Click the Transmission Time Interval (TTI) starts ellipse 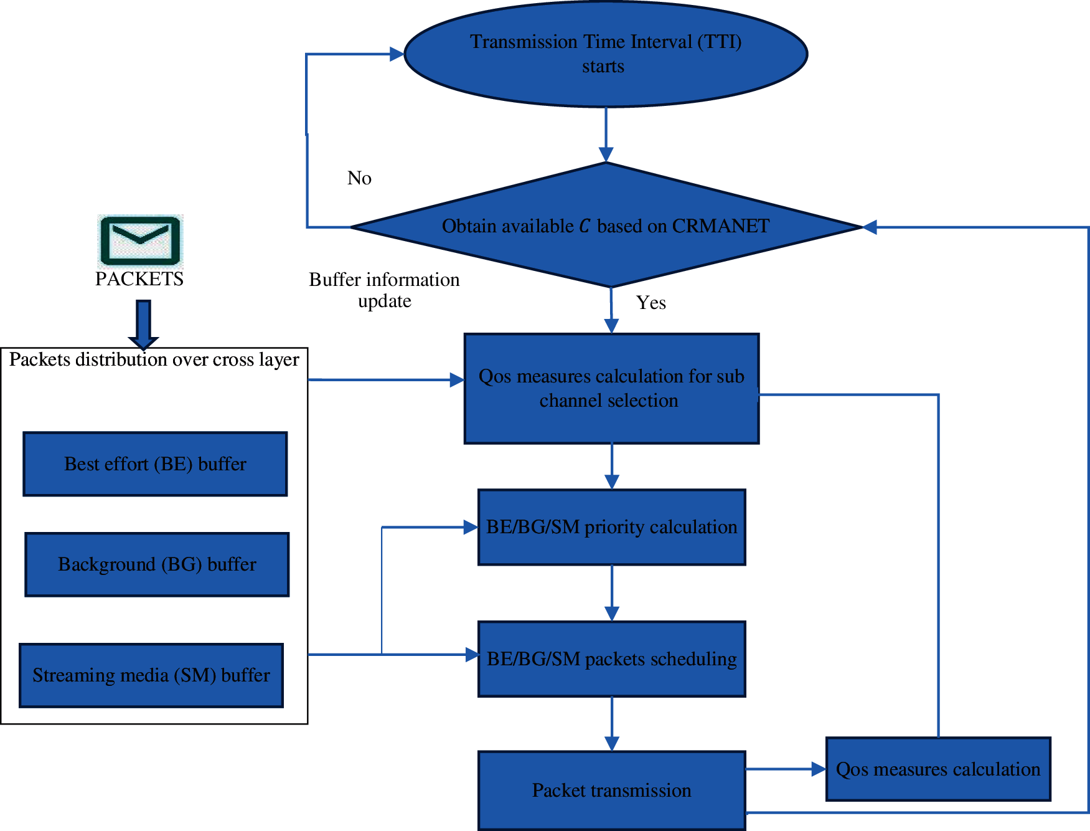pyautogui.click(x=605, y=54)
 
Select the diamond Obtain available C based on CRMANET pyautogui.click(x=605, y=226)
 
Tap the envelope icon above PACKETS pyautogui.click(x=140, y=241)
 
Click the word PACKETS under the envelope pyautogui.click(x=139, y=278)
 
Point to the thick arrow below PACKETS pyautogui.click(x=143, y=324)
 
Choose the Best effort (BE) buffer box pyautogui.click(x=155, y=464)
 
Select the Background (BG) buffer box pyautogui.click(x=157, y=564)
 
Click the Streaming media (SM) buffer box pyautogui.click(x=151, y=675)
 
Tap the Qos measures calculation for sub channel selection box pyautogui.click(x=611, y=389)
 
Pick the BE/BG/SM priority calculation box pyautogui.click(x=611, y=527)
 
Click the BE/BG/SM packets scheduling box pyautogui.click(x=611, y=658)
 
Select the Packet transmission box pyautogui.click(x=611, y=790)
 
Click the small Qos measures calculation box pyautogui.click(x=937, y=769)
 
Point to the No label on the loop pyautogui.click(x=359, y=178)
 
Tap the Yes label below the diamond pyautogui.click(x=651, y=303)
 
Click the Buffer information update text pyautogui.click(x=384, y=290)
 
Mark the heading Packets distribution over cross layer pyautogui.click(x=154, y=359)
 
